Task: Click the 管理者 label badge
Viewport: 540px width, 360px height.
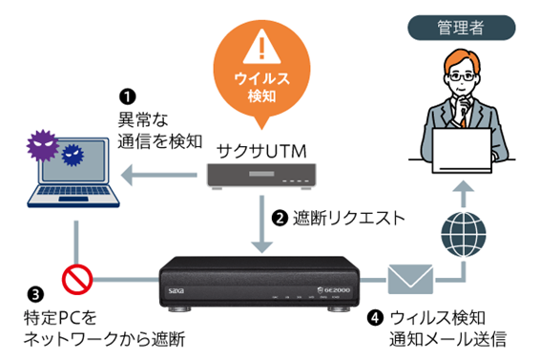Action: [x=462, y=28]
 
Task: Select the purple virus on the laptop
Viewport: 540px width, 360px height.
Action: [x=43, y=145]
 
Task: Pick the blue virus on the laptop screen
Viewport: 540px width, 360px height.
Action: [x=73, y=155]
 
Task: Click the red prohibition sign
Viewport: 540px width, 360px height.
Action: [x=77, y=279]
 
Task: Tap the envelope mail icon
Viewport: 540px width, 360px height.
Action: [x=410, y=279]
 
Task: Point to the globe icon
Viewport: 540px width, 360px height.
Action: [x=464, y=235]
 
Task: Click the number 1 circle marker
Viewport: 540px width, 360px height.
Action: [x=128, y=96]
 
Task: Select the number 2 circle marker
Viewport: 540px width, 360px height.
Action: [x=280, y=219]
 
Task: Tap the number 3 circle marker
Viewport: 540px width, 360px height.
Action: [x=35, y=295]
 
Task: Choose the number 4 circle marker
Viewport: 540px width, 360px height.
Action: [x=375, y=318]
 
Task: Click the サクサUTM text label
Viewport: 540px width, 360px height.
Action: [x=261, y=152]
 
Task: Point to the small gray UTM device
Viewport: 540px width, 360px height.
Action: [x=261, y=177]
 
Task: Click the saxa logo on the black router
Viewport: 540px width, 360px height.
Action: [x=177, y=291]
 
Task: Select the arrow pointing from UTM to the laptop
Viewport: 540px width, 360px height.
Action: [x=158, y=175]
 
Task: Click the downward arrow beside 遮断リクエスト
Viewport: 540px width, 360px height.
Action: [x=261, y=224]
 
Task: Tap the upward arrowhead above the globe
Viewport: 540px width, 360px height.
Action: [x=464, y=186]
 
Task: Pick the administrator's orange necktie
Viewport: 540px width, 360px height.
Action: [x=464, y=118]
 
